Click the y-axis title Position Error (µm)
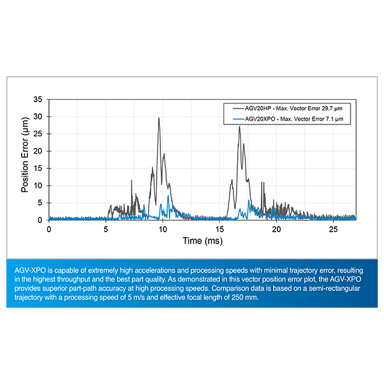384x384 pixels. click(25, 160)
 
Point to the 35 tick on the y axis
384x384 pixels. click(38, 99)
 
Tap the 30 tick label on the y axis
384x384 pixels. click(38, 116)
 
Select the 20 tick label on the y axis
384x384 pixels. click(38, 151)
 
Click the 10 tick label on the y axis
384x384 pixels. click(38, 185)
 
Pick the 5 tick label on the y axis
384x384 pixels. click(40, 203)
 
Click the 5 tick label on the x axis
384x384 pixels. click(106, 229)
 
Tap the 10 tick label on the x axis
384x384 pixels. click(163, 229)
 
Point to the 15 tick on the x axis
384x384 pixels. click(220, 229)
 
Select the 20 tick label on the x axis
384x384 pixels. click(276, 229)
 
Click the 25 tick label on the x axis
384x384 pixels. click(333, 229)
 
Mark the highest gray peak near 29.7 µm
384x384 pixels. click(159, 118)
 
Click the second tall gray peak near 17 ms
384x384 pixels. click(239, 127)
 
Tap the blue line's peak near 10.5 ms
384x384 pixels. click(168, 196)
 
